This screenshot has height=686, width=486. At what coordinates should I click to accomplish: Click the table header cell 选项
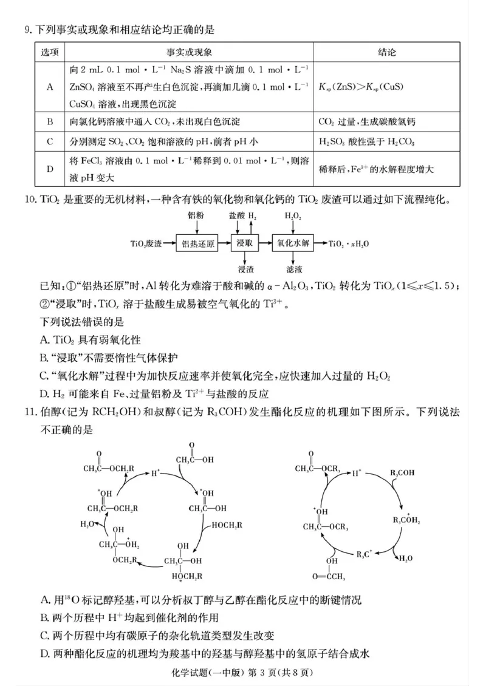[x=50, y=53]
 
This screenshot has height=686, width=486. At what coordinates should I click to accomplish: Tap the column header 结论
[x=386, y=53]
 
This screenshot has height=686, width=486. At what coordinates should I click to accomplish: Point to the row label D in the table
[x=50, y=169]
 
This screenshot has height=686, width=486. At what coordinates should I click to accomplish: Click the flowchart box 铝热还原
[x=198, y=244]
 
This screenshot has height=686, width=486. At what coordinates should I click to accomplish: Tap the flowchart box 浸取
[x=245, y=244]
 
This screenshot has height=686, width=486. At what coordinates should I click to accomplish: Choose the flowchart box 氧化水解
[x=295, y=244]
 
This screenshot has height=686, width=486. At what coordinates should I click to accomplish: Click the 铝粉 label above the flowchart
[x=196, y=216]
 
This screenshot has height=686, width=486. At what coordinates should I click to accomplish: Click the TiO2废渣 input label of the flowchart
[x=146, y=244]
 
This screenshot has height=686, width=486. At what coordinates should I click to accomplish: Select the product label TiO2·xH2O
[x=350, y=244]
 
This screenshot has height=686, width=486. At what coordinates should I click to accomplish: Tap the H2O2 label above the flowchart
[x=294, y=216]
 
